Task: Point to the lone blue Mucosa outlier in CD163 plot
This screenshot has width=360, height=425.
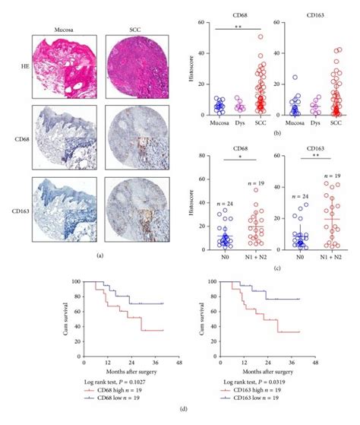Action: click(x=295, y=78)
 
